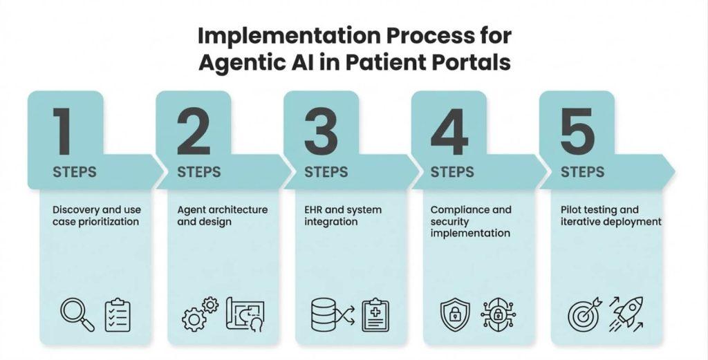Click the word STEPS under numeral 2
(x=199, y=172)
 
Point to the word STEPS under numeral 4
(x=452, y=172)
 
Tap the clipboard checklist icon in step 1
(x=118, y=315)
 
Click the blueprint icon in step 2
(x=245, y=314)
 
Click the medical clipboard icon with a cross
(x=375, y=314)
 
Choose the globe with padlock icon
(x=497, y=314)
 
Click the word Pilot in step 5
(x=571, y=209)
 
